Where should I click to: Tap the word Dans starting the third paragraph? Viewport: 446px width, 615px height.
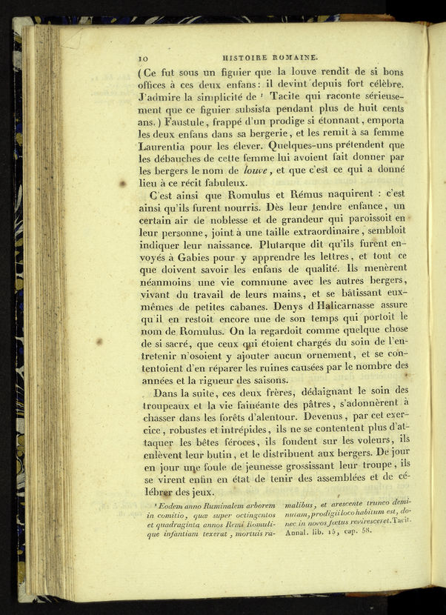click(167, 393)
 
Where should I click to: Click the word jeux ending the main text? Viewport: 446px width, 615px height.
click(200, 493)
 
